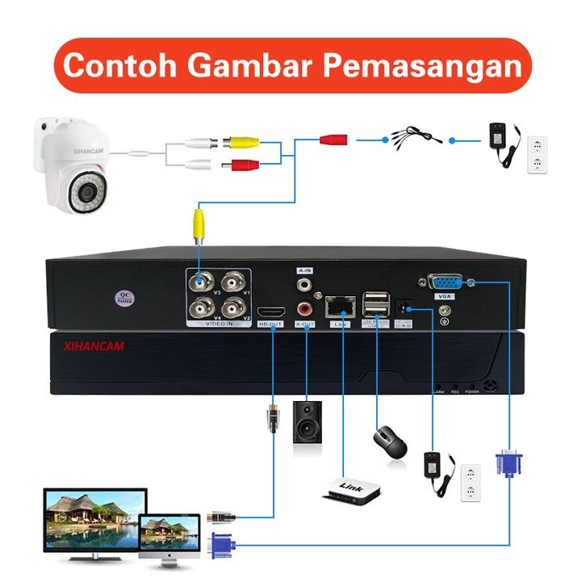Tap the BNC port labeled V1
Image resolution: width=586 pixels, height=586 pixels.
[234, 283]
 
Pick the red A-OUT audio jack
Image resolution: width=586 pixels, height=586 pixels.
[305, 308]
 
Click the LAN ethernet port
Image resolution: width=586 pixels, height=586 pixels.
[338, 308]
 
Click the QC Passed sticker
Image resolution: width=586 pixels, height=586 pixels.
[125, 296]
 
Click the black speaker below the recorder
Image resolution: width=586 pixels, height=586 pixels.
[308, 421]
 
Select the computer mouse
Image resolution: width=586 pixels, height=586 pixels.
[390, 439]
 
